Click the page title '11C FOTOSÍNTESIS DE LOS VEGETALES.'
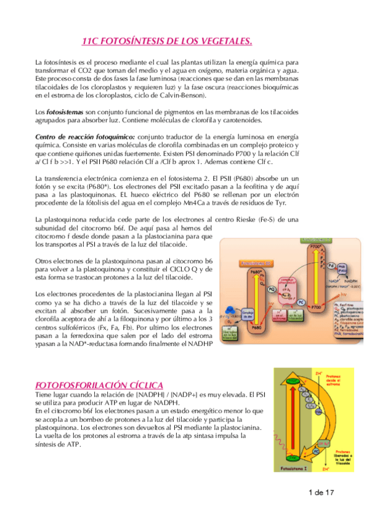click(x=168, y=41)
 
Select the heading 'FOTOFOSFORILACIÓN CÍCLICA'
click(x=98, y=384)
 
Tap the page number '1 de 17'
click(x=322, y=492)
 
